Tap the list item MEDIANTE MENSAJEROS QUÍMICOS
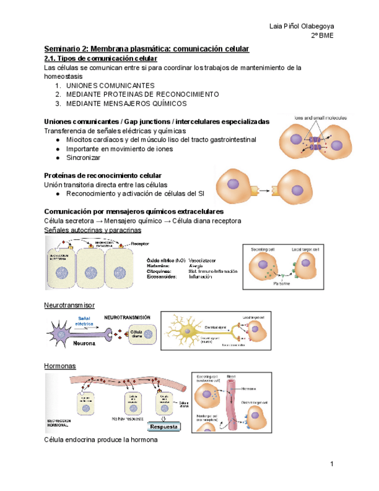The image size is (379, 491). click(127, 103)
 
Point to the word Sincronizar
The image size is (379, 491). click(83, 157)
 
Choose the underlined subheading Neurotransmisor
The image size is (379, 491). click(69, 304)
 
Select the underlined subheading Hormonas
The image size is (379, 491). click(60, 365)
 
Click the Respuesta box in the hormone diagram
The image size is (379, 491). click(164, 427)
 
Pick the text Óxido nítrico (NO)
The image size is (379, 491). click(165, 261)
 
